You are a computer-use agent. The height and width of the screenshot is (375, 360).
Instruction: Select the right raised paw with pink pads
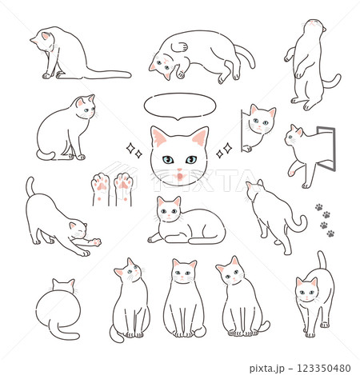(123, 185)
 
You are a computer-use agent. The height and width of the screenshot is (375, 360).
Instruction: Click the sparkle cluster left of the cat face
(132, 150)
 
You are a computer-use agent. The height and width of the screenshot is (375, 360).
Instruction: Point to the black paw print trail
(324, 221)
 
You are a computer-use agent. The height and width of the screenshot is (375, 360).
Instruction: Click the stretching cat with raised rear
(56, 220)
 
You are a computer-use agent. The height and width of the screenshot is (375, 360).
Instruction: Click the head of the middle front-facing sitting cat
(184, 273)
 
